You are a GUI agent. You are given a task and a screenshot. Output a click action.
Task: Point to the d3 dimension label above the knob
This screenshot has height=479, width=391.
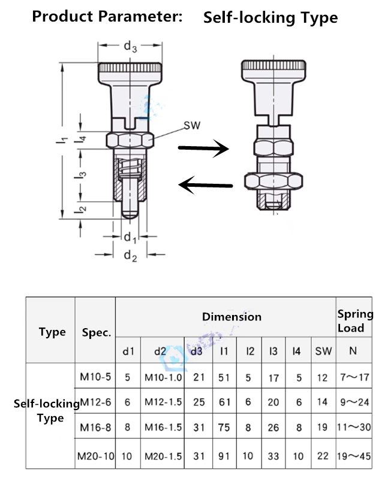130,45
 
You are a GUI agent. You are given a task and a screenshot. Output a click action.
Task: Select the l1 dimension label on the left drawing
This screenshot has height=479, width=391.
61,140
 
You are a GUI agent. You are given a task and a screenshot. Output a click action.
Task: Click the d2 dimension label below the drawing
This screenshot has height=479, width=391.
130,256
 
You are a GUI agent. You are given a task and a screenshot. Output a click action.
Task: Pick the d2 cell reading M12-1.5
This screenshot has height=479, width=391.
163,402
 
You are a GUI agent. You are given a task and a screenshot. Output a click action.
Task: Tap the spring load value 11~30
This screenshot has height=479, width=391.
354,428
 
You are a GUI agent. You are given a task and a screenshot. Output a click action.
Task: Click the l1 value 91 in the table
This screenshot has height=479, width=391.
224,456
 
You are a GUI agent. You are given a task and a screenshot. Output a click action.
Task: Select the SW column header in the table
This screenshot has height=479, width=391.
323,351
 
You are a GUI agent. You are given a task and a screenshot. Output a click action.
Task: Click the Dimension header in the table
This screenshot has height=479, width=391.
231,316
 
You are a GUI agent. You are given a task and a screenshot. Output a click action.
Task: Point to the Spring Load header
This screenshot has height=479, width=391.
354,321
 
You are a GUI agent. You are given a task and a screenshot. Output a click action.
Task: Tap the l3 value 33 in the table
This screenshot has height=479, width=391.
273,456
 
